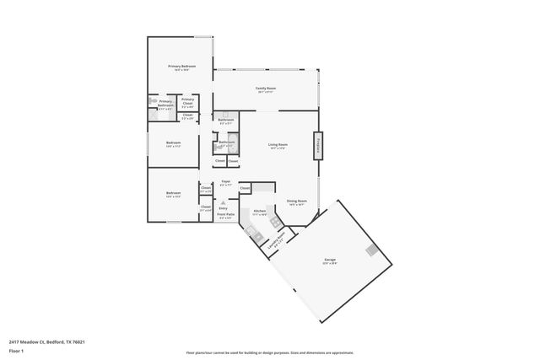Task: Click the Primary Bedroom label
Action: point(182,66)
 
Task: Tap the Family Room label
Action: point(267,88)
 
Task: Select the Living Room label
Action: point(278,145)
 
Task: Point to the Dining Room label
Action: point(296,201)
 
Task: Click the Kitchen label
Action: point(260,211)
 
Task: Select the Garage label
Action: point(331,260)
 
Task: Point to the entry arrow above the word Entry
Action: point(223,202)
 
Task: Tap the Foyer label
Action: point(225,181)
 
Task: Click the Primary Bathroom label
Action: point(165,104)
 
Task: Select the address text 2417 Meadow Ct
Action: point(47,341)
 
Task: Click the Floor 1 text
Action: point(16,350)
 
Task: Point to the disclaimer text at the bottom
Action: point(269,353)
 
